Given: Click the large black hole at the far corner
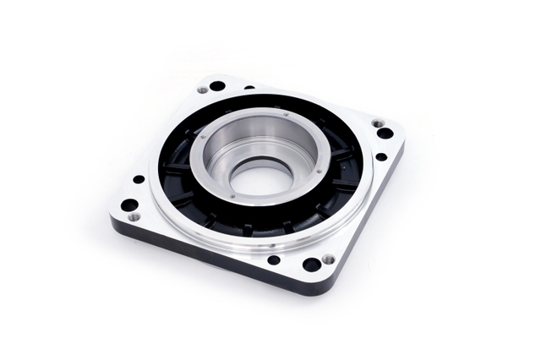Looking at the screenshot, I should tap(217, 86).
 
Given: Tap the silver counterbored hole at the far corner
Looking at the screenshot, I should tap(203, 90).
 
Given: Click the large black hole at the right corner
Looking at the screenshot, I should tap(385, 133).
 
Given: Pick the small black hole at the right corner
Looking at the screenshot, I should tap(381, 156).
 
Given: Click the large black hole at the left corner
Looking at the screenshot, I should tap(128, 205).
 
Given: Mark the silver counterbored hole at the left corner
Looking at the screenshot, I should tap(134, 217).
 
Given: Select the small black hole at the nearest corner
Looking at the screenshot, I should tap(274, 259).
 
